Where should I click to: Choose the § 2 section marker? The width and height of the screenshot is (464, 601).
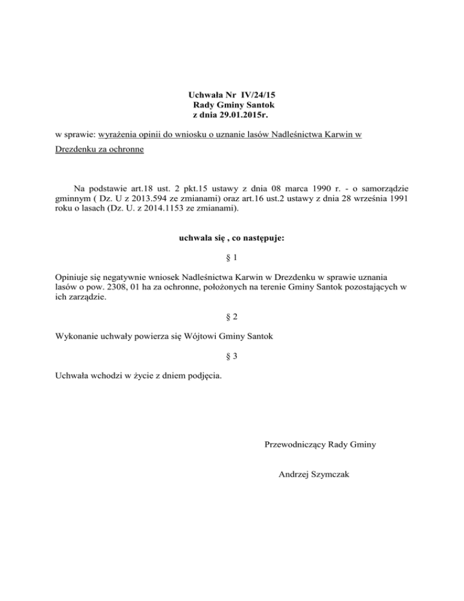click(231, 316)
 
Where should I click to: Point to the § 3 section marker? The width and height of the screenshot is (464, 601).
click(231, 357)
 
